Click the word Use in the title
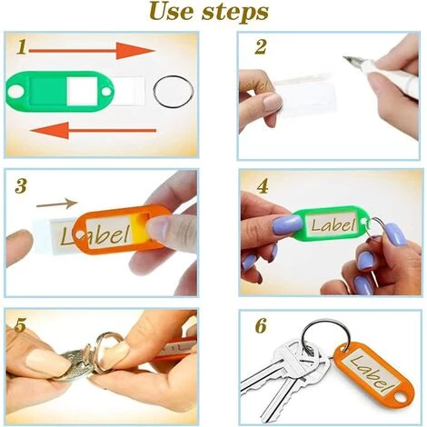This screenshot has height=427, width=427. pos(172,12)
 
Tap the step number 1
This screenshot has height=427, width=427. pos(21,47)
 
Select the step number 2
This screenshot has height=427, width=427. pos(261,47)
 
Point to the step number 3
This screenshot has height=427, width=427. pos(21,186)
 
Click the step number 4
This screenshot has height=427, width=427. pos(263,186)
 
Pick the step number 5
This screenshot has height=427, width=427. pos(20,325)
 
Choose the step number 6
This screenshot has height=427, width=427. pos(261,325)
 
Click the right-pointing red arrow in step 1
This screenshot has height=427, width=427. pos(92,51)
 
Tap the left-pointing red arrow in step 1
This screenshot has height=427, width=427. pos(94,130)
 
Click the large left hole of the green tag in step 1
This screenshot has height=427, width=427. pos(15,91)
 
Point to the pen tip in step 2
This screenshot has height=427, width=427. pos(343,57)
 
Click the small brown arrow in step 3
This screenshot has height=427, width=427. pos(57,204)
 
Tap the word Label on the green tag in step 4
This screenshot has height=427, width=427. pos(333,224)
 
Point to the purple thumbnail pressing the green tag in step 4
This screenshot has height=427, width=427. pos(287,225)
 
